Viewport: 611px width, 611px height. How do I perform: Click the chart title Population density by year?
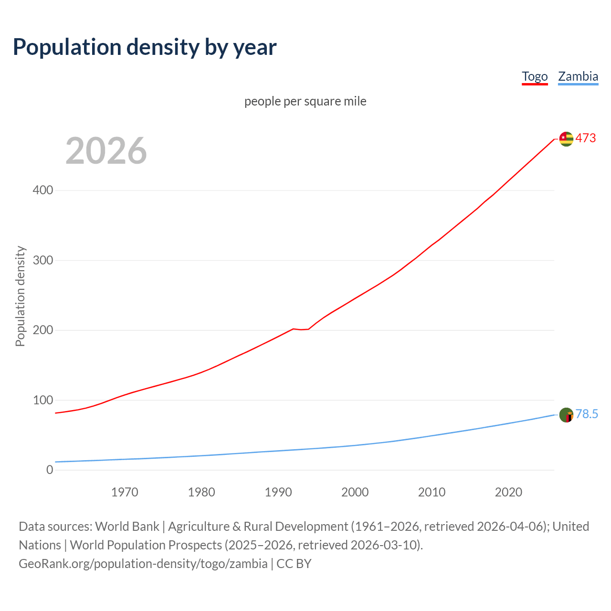(x=145, y=47)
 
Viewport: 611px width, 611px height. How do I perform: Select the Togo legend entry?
(x=535, y=76)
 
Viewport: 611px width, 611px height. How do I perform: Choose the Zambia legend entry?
(x=578, y=76)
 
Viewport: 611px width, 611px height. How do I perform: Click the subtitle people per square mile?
(x=305, y=101)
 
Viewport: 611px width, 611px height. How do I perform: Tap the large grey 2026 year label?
(x=106, y=151)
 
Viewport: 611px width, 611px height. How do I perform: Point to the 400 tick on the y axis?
(x=43, y=190)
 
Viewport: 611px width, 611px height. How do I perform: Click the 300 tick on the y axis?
(x=43, y=260)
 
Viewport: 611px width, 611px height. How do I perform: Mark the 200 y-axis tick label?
(x=43, y=330)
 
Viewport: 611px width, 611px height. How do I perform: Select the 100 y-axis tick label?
(x=43, y=400)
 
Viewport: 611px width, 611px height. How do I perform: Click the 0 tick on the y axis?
(x=50, y=470)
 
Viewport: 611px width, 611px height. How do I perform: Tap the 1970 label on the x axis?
(x=125, y=492)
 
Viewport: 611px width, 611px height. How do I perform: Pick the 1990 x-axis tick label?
(x=278, y=492)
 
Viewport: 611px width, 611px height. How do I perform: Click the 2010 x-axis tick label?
(x=432, y=492)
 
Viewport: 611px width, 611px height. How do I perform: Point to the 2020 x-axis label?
(x=508, y=492)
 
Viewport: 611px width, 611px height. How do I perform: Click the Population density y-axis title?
(x=20, y=296)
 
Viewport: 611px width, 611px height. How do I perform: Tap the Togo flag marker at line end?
(x=566, y=139)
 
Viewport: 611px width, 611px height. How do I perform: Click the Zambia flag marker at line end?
(x=566, y=415)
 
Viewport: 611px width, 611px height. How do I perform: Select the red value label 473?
(x=586, y=138)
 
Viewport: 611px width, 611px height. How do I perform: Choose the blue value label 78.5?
(x=587, y=414)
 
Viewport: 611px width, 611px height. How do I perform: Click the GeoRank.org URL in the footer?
(x=143, y=564)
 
